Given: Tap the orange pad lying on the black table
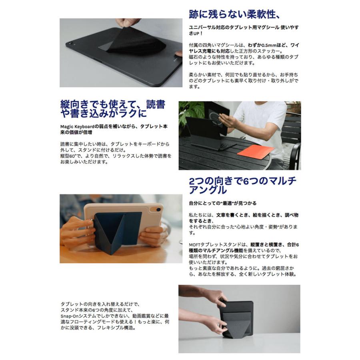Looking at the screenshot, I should click(x=255, y=152).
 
